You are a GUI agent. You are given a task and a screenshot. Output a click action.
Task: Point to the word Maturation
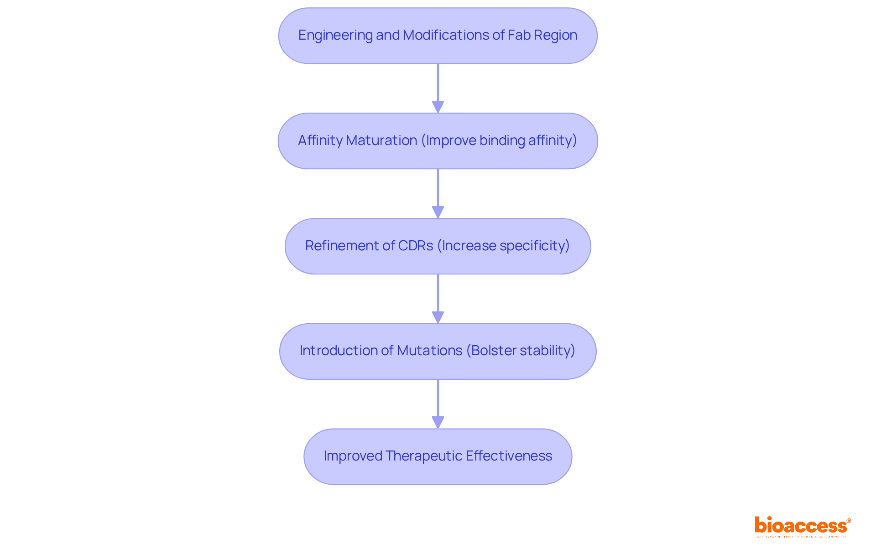(x=381, y=140)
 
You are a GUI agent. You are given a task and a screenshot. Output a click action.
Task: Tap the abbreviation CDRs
(x=416, y=246)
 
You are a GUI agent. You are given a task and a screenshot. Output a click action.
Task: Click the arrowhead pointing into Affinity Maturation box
(x=438, y=107)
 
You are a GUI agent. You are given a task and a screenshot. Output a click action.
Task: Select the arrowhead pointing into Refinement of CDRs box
(x=438, y=212)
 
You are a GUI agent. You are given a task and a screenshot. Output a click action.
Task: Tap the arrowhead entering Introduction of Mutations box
(x=438, y=317)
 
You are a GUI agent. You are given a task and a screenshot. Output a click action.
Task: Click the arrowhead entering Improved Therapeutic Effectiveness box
(x=438, y=422)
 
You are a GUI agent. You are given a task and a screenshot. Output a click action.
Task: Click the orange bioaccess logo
(x=802, y=526)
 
